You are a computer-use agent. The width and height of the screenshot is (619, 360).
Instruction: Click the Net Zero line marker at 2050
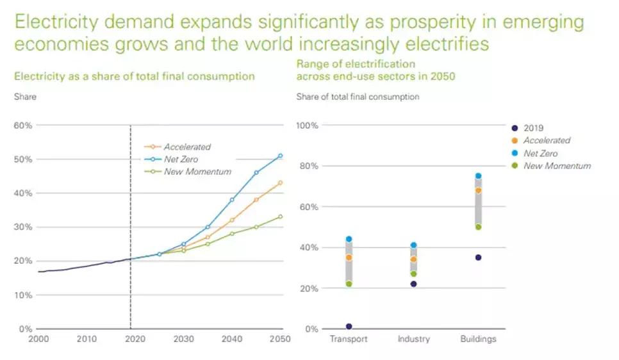(280, 156)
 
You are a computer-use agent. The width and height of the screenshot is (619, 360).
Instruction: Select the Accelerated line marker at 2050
(280, 183)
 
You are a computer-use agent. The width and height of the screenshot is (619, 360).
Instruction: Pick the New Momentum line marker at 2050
(280, 217)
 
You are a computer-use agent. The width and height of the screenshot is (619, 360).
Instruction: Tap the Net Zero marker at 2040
(232, 200)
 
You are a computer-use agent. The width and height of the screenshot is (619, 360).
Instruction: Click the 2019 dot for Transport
(349, 327)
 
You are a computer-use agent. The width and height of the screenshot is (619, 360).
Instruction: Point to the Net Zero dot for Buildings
(478, 176)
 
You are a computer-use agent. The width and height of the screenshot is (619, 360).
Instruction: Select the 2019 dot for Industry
(413, 284)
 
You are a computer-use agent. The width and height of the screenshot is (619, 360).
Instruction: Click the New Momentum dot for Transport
(349, 284)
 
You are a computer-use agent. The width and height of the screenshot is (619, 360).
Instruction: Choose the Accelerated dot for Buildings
(478, 190)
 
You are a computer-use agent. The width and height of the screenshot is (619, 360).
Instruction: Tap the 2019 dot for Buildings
(478, 258)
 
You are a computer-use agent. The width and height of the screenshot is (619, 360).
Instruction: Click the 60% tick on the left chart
(24, 125)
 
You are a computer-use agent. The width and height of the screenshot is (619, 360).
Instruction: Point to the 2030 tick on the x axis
(183, 339)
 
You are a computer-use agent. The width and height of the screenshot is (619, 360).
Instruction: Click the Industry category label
(413, 339)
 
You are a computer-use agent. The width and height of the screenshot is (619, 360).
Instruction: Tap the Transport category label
(349, 339)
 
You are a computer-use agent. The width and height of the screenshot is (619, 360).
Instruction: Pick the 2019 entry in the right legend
(534, 127)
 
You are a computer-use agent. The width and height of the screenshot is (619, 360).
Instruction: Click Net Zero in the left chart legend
(180, 160)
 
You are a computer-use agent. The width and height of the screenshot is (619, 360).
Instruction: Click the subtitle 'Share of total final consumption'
(358, 97)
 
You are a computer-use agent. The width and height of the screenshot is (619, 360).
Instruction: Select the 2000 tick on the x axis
(38, 339)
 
